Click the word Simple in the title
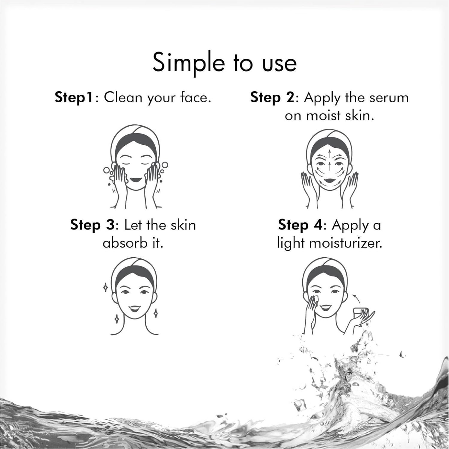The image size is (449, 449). click(189, 64)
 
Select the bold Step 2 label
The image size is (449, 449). click(273, 98)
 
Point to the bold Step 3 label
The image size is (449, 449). click(92, 225)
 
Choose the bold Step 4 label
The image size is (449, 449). click(300, 225)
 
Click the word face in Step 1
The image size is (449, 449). click(194, 98)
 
